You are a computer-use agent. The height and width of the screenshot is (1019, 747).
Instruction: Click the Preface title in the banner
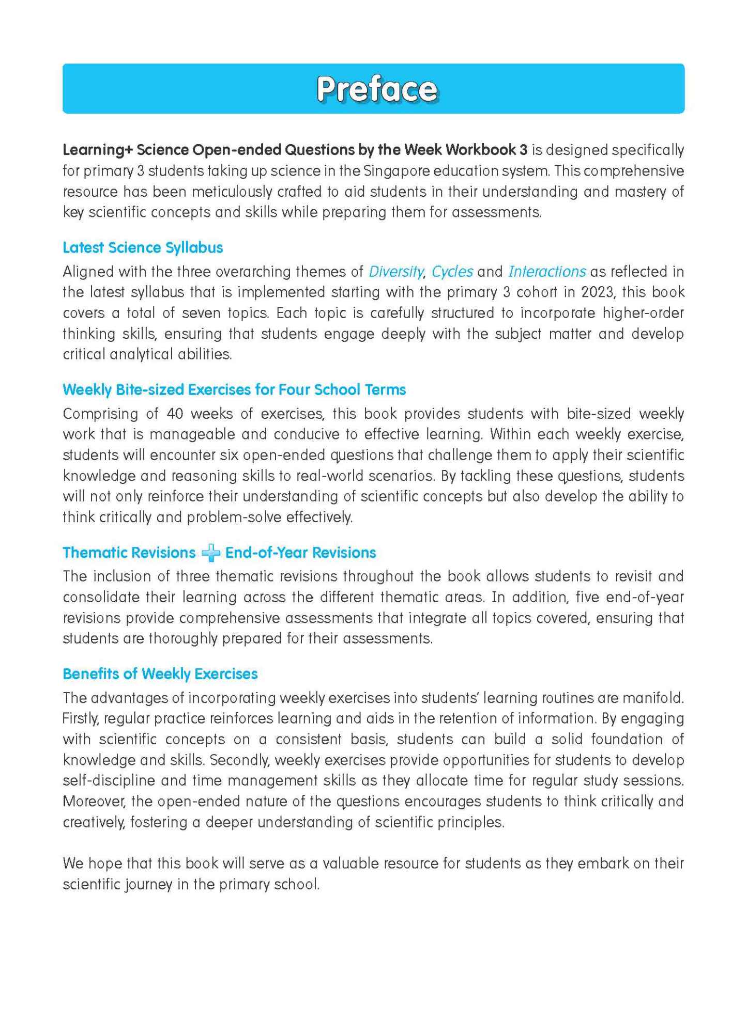click(x=377, y=89)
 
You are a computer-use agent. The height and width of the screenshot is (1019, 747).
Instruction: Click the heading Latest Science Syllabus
click(x=143, y=248)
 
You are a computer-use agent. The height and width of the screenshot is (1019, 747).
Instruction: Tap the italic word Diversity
click(x=395, y=272)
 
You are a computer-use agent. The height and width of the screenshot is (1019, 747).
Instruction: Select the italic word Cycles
click(x=452, y=272)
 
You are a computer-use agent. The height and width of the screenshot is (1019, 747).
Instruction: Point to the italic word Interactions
click(x=547, y=272)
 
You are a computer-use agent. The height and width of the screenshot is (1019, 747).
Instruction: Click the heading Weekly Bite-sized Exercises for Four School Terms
click(x=234, y=389)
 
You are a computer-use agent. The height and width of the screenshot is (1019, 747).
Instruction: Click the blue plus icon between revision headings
click(x=210, y=553)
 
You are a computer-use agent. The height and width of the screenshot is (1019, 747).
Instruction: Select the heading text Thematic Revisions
click(x=129, y=553)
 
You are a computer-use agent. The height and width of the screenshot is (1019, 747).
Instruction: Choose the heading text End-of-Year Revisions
click(x=300, y=553)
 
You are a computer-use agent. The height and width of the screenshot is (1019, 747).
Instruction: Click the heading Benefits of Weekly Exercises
click(x=160, y=674)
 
